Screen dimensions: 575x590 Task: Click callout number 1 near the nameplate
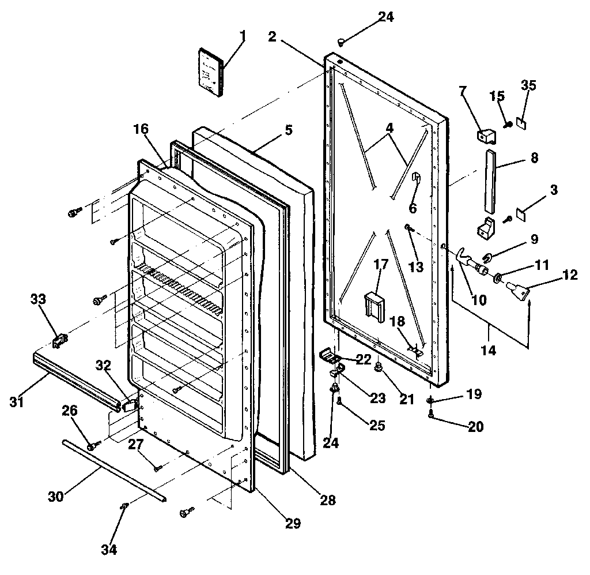[243, 36]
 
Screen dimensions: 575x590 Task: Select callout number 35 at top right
[528, 85]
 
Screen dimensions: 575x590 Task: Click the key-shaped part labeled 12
[516, 287]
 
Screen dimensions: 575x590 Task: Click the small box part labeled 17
[373, 305]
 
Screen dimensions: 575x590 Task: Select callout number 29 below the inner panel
[293, 523]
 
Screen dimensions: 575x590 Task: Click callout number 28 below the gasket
[327, 500]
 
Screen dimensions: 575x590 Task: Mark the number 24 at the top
[386, 17]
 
